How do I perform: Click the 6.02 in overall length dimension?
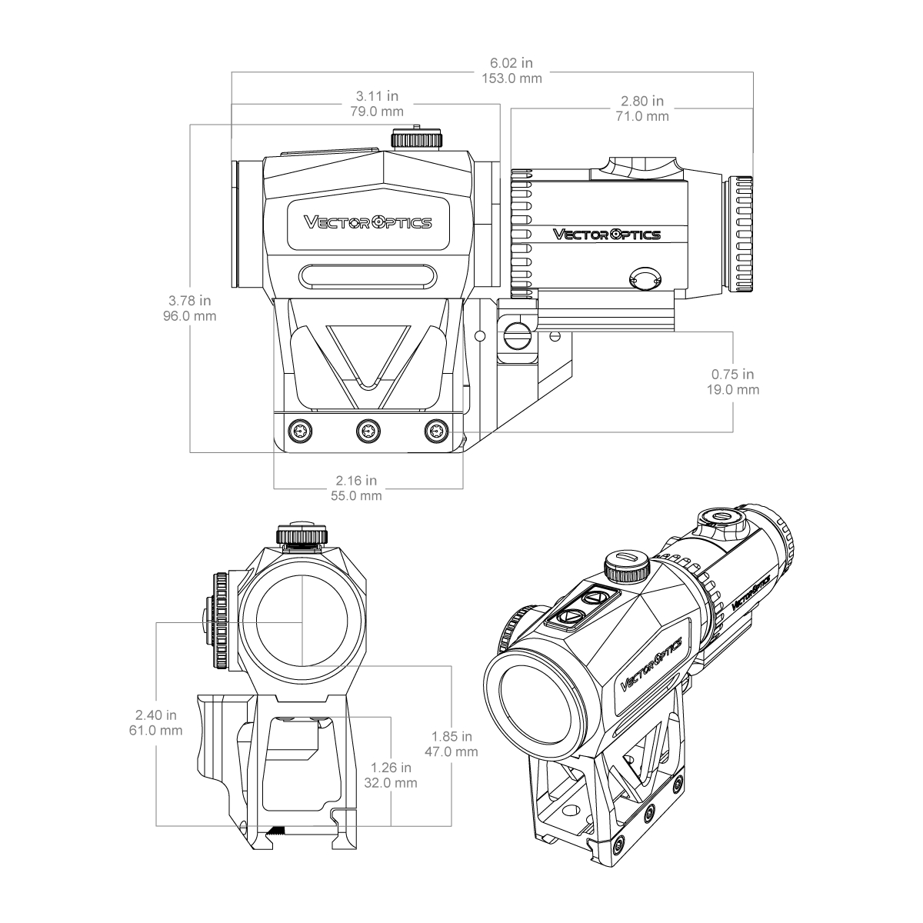511,63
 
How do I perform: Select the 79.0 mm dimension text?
376,112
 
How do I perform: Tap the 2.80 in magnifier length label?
641,101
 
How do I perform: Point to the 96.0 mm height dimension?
190,316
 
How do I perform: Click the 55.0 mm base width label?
356,496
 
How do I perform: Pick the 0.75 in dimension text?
732,374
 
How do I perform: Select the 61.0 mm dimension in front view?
155,731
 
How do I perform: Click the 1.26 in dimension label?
391,768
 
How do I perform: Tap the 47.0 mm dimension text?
452,751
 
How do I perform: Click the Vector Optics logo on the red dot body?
368,222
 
